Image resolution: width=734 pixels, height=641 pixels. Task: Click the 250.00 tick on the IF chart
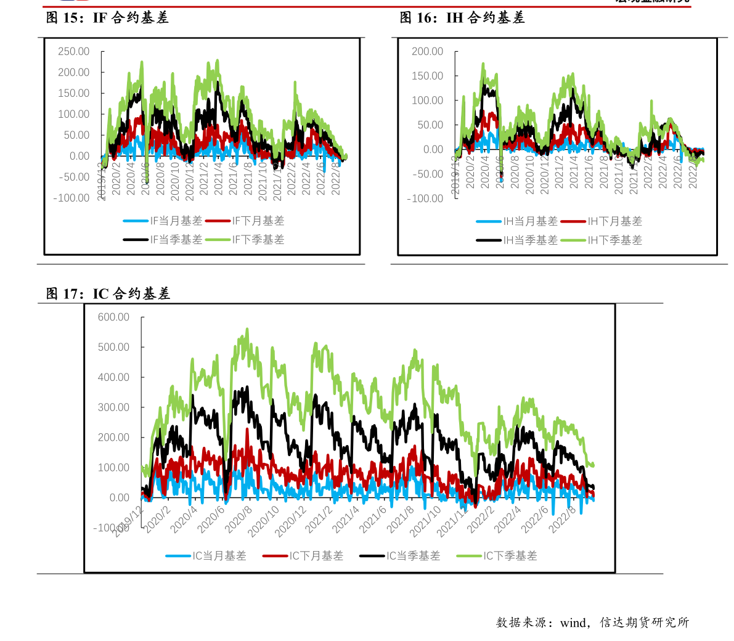[74, 52]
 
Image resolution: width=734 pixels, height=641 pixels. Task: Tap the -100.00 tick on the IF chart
[71, 198]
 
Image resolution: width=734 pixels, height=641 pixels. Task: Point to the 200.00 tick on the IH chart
[428, 52]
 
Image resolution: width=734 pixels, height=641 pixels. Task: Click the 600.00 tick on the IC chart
[114, 317]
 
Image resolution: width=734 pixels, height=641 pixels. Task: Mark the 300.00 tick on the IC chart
[114, 407]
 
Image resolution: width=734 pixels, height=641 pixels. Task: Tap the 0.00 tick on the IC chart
[119, 498]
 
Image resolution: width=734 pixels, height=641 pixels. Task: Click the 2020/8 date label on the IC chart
[239, 519]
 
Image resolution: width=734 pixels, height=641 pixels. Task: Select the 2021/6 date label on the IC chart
[373, 519]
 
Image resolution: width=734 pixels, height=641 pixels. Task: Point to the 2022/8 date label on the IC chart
[562, 519]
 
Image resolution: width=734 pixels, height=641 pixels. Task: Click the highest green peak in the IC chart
[247, 329]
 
